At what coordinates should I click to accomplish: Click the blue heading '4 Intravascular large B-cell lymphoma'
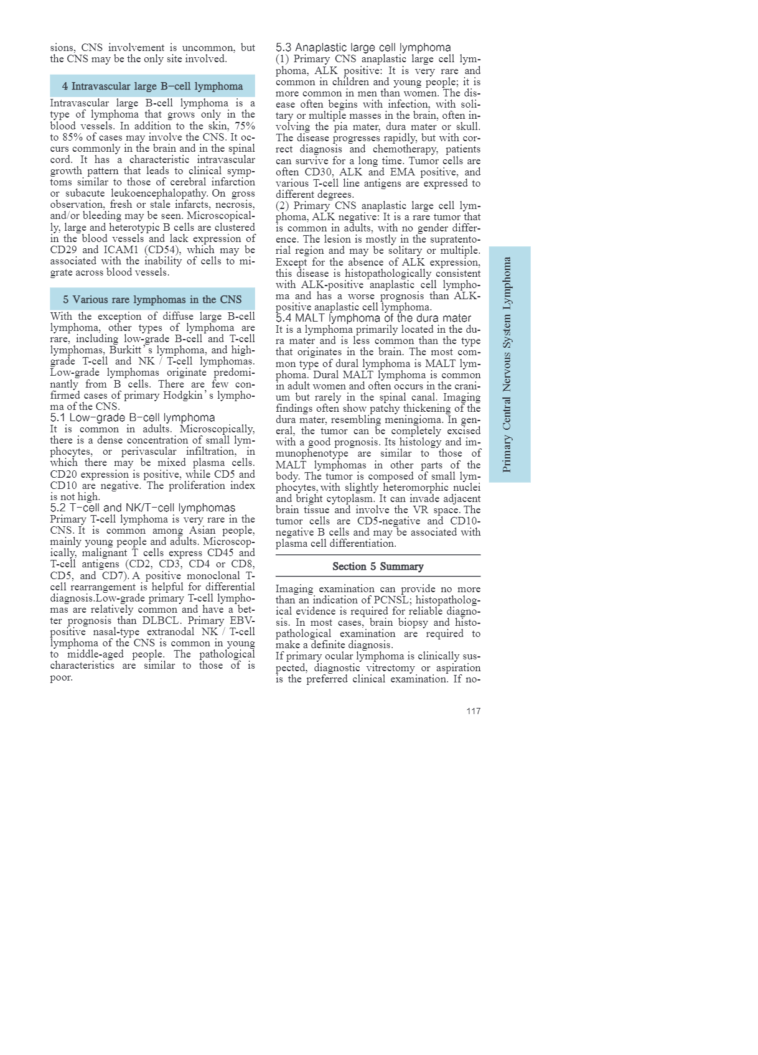[152, 86]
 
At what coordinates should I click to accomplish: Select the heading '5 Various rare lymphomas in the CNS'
[152, 299]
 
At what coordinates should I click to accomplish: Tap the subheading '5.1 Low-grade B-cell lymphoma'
[133, 417]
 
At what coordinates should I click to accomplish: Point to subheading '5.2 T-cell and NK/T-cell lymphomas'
[143, 508]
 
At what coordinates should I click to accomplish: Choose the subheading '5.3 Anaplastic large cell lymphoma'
[363, 47]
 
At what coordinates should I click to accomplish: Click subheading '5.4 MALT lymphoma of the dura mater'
[373, 318]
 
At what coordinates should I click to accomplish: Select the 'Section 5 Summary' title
[378, 566]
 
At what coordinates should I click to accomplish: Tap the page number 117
[473, 711]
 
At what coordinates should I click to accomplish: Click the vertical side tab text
[508, 365]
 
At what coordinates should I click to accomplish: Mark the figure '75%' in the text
[244, 126]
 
